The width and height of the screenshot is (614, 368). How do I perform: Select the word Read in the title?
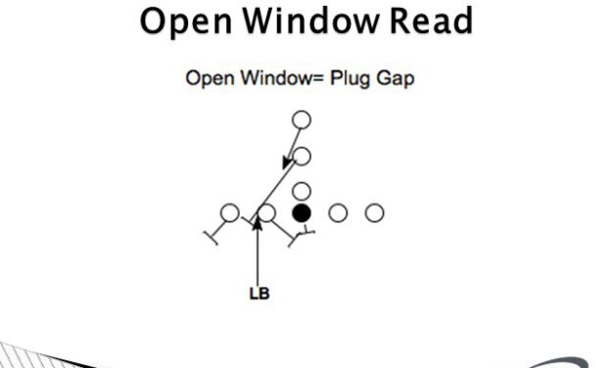(422, 21)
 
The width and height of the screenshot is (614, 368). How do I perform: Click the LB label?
(258, 291)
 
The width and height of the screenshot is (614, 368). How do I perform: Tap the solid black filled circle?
(302, 212)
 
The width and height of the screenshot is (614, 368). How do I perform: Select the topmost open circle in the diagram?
(302, 119)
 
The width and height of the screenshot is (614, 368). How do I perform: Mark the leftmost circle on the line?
(229, 212)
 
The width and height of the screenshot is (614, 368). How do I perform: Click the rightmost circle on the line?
(374, 212)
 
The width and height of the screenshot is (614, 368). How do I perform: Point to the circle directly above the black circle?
(302, 191)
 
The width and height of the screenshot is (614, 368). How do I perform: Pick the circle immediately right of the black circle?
(338, 212)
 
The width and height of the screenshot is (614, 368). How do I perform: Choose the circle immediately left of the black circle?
(265, 212)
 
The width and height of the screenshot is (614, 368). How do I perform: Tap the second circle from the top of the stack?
(302, 156)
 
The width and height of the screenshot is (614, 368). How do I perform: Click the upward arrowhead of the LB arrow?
(258, 224)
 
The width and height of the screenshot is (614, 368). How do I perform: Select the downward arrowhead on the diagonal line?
(288, 161)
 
